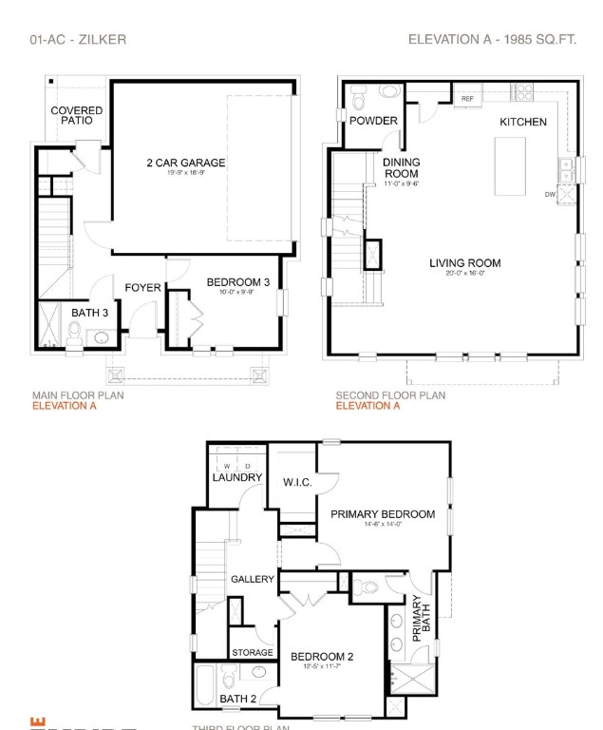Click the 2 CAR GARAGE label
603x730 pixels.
tap(185, 163)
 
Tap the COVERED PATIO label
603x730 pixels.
tap(76, 115)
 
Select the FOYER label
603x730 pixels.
tap(142, 288)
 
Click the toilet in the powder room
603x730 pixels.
tap(358, 96)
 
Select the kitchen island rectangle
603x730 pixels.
tap(510, 165)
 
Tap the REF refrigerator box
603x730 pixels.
tap(467, 98)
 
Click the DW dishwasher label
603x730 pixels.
tap(550, 194)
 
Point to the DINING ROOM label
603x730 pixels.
tap(402, 168)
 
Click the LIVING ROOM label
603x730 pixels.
tap(464, 263)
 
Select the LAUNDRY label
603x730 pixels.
tap(236, 477)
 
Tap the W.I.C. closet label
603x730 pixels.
tap(297, 482)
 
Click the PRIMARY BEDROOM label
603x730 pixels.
tap(382, 514)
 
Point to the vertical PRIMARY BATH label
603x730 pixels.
tap(422, 618)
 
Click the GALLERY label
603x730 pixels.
tap(252, 579)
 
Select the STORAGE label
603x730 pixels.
tap(253, 653)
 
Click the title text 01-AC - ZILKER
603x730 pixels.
tap(79, 40)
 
